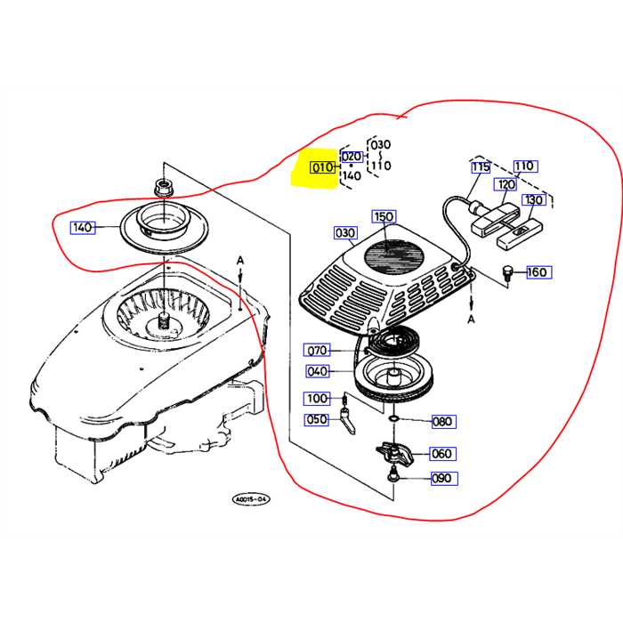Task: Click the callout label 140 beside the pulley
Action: (83, 228)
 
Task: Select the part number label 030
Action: (344, 233)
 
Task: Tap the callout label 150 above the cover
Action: (384, 217)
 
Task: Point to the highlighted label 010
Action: (321, 166)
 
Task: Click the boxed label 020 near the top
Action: (352, 157)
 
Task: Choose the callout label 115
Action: (481, 166)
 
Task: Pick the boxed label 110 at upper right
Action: (524, 166)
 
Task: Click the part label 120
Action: (506, 184)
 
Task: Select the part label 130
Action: (534, 200)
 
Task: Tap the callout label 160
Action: (538, 271)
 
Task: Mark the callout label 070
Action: (317, 350)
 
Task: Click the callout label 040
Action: (317, 371)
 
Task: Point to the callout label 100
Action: (317, 398)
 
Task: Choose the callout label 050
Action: (317, 419)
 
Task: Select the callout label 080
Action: (442, 421)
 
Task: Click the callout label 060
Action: (442, 453)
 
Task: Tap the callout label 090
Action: (442, 479)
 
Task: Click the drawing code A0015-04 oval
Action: (252, 500)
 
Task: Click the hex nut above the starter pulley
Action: (163, 188)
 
